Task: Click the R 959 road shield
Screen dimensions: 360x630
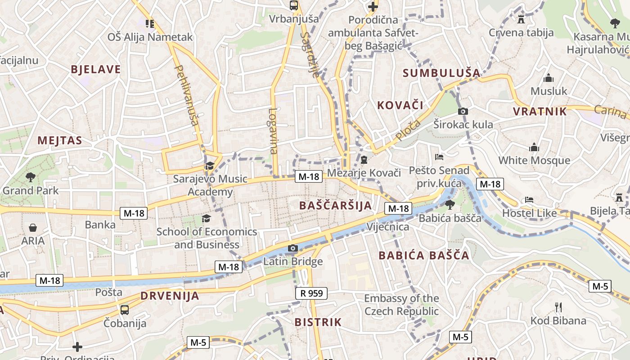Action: pyautogui.click(x=311, y=293)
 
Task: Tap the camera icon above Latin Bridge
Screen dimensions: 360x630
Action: pyautogui.click(x=293, y=248)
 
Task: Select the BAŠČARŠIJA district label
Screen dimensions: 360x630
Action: pyautogui.click(x=336, y=206)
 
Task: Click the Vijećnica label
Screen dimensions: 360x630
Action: pyautogui.click(x=388, y=226)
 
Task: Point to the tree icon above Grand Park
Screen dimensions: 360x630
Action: pyautogui.click(x=31, y=177)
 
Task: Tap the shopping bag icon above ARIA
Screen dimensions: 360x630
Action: pyautogui.click(x=33, y=228)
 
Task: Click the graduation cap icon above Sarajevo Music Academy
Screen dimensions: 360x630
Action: pyautogui.click(x=210, y=166)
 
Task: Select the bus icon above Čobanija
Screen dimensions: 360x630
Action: pyautogui.click(x=125, y=310)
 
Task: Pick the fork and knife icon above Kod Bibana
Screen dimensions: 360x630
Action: pyautogui.click(x=558, y=307)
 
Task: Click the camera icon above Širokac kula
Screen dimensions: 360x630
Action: pyautogui.click(x=463, y=111)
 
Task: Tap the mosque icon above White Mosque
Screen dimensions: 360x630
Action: pyautogui.click(x=534, y=147)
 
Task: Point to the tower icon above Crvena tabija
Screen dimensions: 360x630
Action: pyautogui.click(x=521, y=19)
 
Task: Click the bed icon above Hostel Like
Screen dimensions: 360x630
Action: pyautogui.click(x=529, y=199)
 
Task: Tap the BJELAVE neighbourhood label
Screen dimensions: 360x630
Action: pyautogui.click(x=96, y=69)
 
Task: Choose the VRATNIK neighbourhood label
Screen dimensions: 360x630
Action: pyautogui.click(x=540, y=111)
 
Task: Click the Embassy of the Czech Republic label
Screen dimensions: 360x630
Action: pyautogui.click(x=401, y=305)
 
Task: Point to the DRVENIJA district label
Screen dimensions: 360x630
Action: pyautogui.click(x=170, y=296)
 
